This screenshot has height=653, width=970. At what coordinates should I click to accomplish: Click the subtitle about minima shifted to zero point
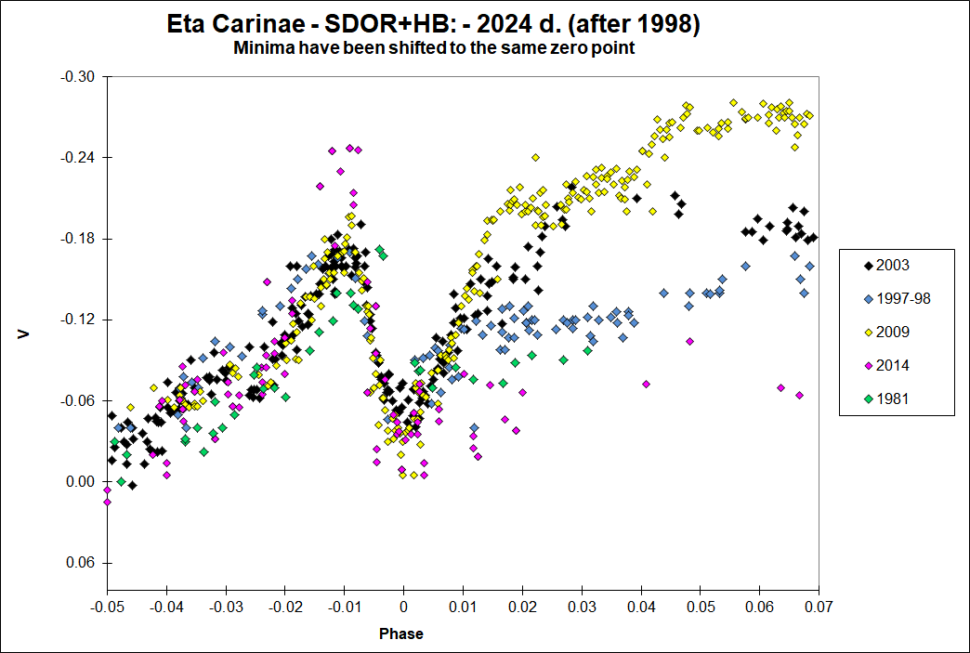(x=434, y=48)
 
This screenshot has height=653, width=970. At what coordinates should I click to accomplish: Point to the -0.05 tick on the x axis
(x=107, y=607)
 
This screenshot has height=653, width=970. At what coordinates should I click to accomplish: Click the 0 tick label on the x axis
(x=403, y=607)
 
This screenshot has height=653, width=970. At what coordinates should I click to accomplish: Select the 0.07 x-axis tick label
(x=819, y=607)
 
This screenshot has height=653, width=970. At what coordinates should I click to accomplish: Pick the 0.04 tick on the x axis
(x=641, y=607)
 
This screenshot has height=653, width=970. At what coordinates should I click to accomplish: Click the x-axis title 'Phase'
(x=401, y=634)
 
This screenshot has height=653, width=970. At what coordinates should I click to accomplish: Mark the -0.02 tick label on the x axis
(x=284, y=607)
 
